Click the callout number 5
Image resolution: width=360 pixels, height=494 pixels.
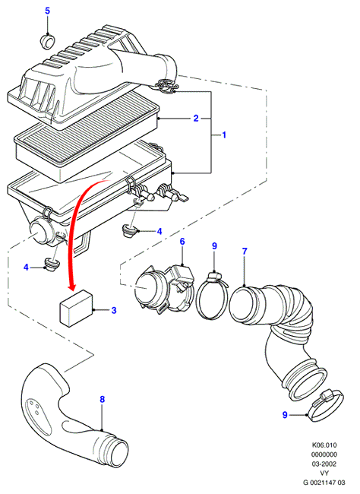[47, 11]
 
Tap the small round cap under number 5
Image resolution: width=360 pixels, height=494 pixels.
[47, 42]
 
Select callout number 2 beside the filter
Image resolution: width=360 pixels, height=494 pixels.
[196, 119]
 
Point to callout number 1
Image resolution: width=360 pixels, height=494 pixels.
[224, 135]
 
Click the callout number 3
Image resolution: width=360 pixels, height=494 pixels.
[114, 310]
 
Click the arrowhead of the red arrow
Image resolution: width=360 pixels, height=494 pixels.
[72, 287]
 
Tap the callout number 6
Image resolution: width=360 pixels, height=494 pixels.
[182, 242]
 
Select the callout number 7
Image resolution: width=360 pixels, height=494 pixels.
[245, 251]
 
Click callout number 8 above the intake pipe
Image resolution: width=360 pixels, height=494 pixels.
[102, 400]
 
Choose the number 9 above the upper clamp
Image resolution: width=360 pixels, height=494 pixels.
[214, 245]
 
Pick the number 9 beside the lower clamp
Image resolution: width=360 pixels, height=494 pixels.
[285, 415]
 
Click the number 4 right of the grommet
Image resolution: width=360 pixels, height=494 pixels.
[159, 232]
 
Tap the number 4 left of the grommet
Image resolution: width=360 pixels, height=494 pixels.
[26, 268]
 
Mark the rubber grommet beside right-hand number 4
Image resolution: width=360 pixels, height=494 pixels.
[128, 230]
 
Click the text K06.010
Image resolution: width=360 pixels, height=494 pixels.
[324, 445]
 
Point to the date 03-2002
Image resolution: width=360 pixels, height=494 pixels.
[324, 464]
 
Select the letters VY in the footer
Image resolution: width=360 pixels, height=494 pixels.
[324, 473]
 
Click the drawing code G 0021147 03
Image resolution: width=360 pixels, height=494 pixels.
[324, 483]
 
